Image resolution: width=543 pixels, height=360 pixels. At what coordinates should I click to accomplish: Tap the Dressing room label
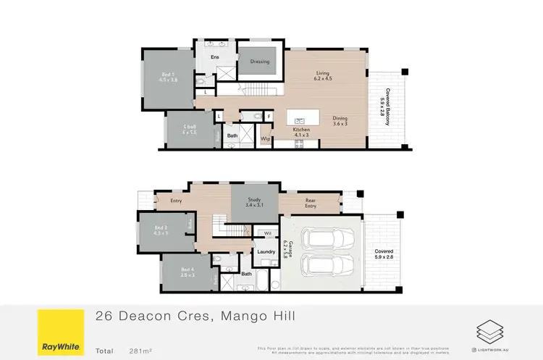pos(260,62)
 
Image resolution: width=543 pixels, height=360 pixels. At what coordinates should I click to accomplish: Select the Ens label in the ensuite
pos(214,56)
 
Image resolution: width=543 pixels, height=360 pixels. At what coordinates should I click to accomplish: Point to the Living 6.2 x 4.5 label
pos(323,75)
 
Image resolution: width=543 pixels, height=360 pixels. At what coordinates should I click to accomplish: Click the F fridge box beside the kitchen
pos(269,116)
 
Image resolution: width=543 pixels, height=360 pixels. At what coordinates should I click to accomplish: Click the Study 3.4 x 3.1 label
pos(254,202)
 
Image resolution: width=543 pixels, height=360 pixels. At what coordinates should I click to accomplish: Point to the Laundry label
pos(265,251)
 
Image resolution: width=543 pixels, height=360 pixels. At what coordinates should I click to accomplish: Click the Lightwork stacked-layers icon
pos(487,332)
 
